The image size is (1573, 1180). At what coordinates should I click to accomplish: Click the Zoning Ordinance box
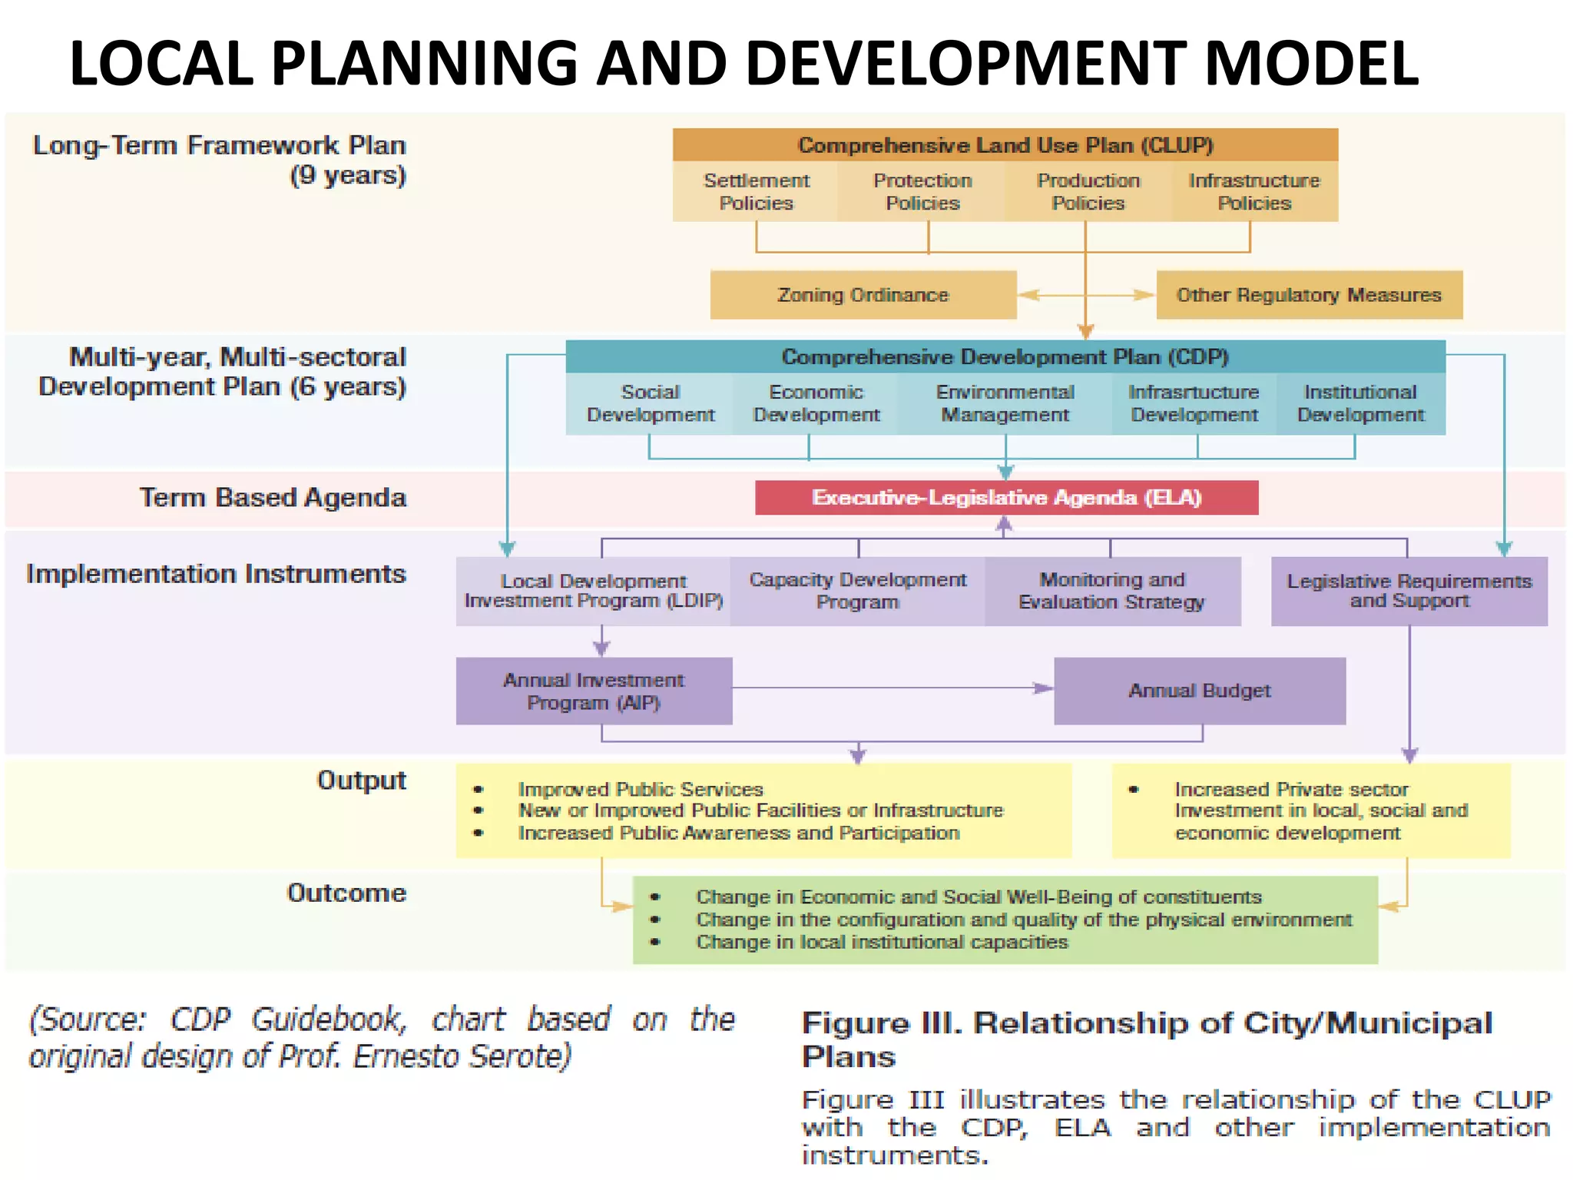click(863, 295)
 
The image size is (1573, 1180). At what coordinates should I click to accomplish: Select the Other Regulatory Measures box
click(1309, 295)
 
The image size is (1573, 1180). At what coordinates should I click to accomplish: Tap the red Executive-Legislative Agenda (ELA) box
click(1006, 498)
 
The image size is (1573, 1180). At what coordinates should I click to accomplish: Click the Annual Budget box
click(1199, 691)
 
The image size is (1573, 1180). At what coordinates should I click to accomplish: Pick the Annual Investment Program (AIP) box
click(594, 691)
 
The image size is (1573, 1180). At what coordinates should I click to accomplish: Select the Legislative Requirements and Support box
click(1409, 591)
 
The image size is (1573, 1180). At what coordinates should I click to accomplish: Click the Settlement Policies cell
click(756, 191)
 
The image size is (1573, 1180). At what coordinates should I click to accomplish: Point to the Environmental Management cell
click(1005, 403)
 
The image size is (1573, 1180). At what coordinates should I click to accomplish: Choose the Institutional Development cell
click(1360, 403)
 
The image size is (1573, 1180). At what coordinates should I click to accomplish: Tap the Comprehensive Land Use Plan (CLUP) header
click(1005, 145)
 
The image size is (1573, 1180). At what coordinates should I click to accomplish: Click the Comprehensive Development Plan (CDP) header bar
click(1005, 357)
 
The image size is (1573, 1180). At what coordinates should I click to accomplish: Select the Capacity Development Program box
click(857, 591)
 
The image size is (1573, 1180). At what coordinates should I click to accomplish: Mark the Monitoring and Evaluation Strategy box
click(1111, 591)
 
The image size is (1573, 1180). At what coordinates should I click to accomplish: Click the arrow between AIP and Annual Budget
click(891, 688)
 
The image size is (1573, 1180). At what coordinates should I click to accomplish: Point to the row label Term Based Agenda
click(273, 498)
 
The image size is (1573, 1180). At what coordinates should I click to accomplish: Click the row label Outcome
click(346, 893)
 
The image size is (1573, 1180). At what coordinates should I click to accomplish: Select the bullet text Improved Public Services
click(641, 789)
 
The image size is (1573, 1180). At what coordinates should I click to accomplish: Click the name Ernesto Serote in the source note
click(461, 1056)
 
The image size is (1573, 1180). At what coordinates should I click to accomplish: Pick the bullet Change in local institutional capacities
click(882, 942)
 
